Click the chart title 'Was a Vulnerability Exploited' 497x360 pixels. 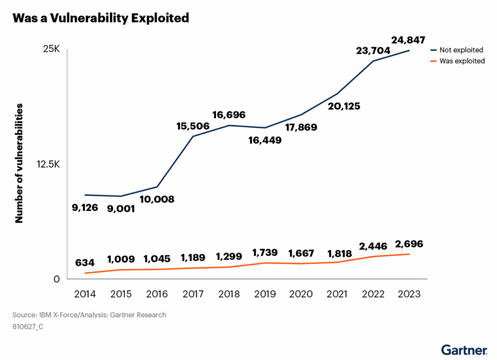100,18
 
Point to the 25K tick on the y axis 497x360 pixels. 51,50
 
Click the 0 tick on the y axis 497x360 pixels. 56,279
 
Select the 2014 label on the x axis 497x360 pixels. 85,293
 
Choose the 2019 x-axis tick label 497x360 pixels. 265,293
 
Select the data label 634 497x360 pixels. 85,263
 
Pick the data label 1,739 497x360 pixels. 266,252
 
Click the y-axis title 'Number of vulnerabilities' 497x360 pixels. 19,163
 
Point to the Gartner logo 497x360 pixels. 464,350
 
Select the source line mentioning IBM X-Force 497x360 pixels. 89,315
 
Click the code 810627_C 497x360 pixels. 28,327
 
